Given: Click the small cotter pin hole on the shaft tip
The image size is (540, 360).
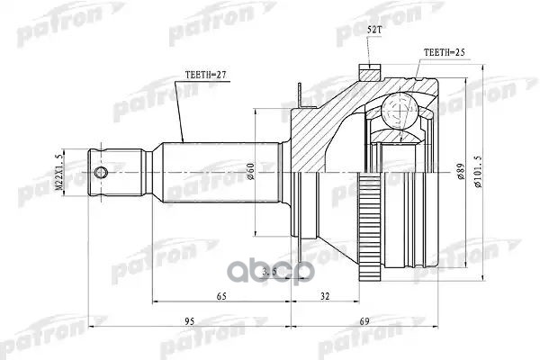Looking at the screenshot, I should pyautogui.click(x=102, y=171).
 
